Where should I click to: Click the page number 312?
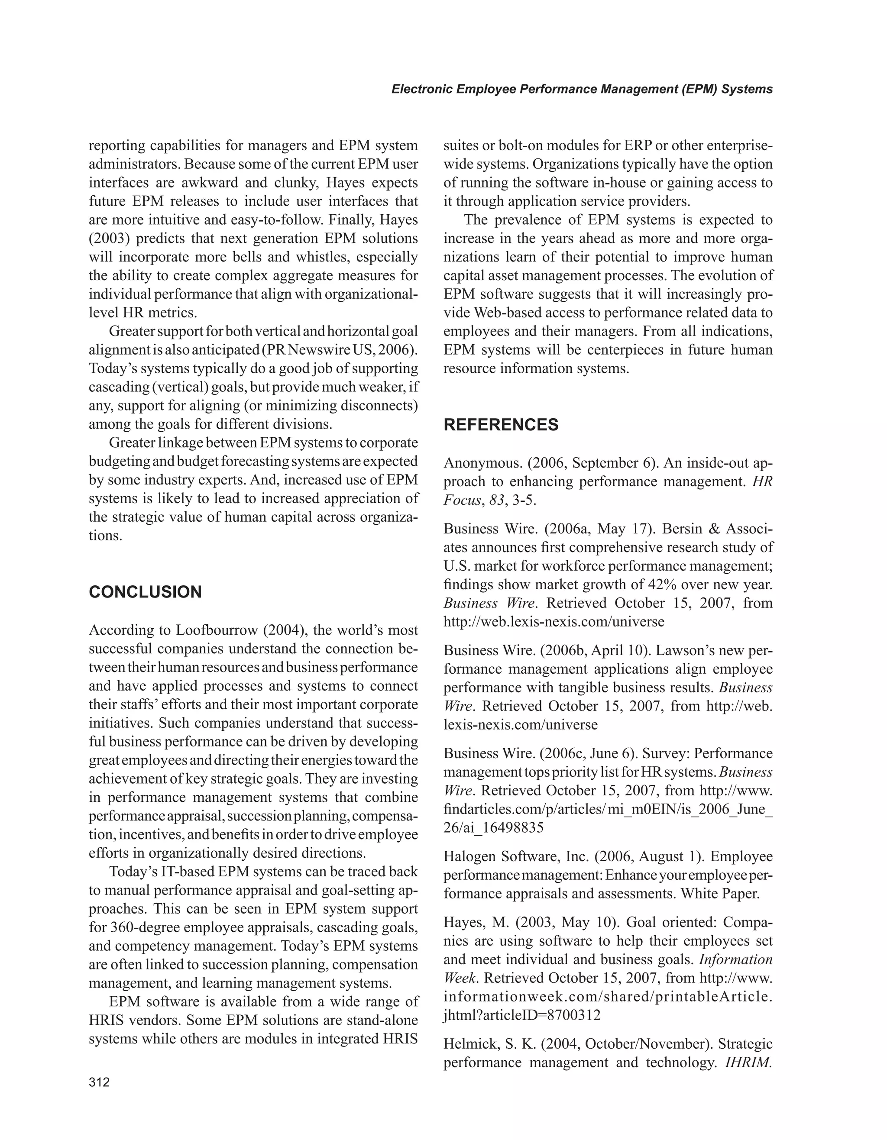tap(99, 1082)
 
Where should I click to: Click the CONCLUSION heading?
tap(145, 592)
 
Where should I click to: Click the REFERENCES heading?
tap(501, 424)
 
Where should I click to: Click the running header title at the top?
tap(582, 89)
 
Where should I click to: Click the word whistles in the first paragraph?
tap(324, 257)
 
